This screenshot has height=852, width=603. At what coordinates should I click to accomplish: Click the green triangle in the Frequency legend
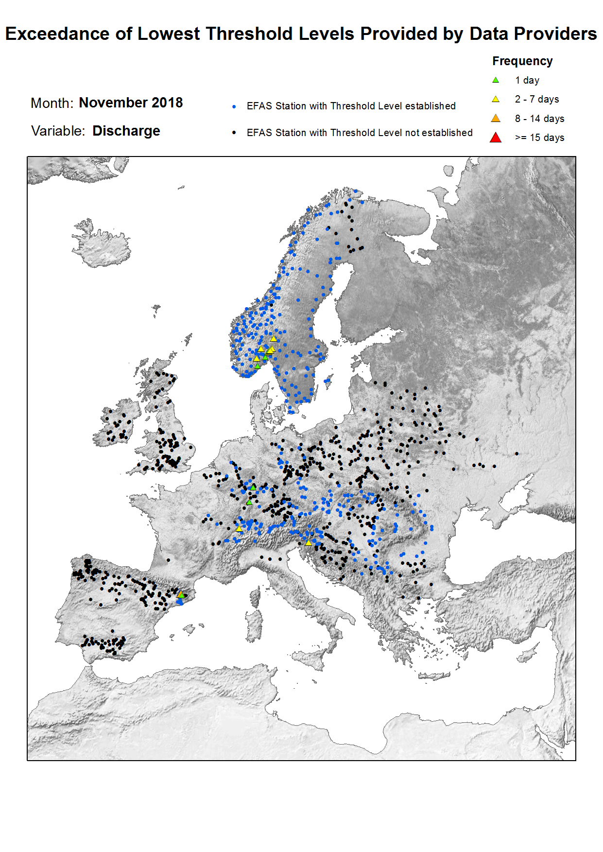(x=496, y=80)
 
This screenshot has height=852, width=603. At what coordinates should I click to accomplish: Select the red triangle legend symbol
(x=496, y=138)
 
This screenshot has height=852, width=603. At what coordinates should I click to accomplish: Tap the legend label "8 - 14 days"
(x=539, y=119)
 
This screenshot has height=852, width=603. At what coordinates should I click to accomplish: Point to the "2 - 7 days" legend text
(x=537, y=99)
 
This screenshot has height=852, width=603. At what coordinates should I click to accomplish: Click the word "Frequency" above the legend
(x=522, y=61)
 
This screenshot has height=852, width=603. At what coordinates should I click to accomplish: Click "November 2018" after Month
(x=131, y=103)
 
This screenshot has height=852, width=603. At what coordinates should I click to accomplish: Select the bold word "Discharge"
(x=126, y=131)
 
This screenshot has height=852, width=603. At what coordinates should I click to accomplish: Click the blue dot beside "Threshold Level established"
(x=234, y=106)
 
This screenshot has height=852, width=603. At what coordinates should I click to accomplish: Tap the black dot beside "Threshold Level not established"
(x=234, y=133)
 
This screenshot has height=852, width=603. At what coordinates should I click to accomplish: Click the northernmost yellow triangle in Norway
(x=274, y=339)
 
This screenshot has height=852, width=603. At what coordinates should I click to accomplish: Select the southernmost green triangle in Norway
(x=258, y=366)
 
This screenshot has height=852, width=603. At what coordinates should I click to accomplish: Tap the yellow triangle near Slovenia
(x=309, y=542)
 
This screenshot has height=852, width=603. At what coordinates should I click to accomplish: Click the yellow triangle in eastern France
(x=239, y=528)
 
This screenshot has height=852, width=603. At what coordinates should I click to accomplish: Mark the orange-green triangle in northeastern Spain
(x=181, y=594)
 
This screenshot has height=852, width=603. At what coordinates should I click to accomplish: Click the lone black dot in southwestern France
(x=168, y=560)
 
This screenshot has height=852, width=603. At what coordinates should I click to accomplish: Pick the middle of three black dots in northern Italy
(x=270, y=559)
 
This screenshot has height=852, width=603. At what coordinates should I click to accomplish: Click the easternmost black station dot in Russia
(x=517, y=453)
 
